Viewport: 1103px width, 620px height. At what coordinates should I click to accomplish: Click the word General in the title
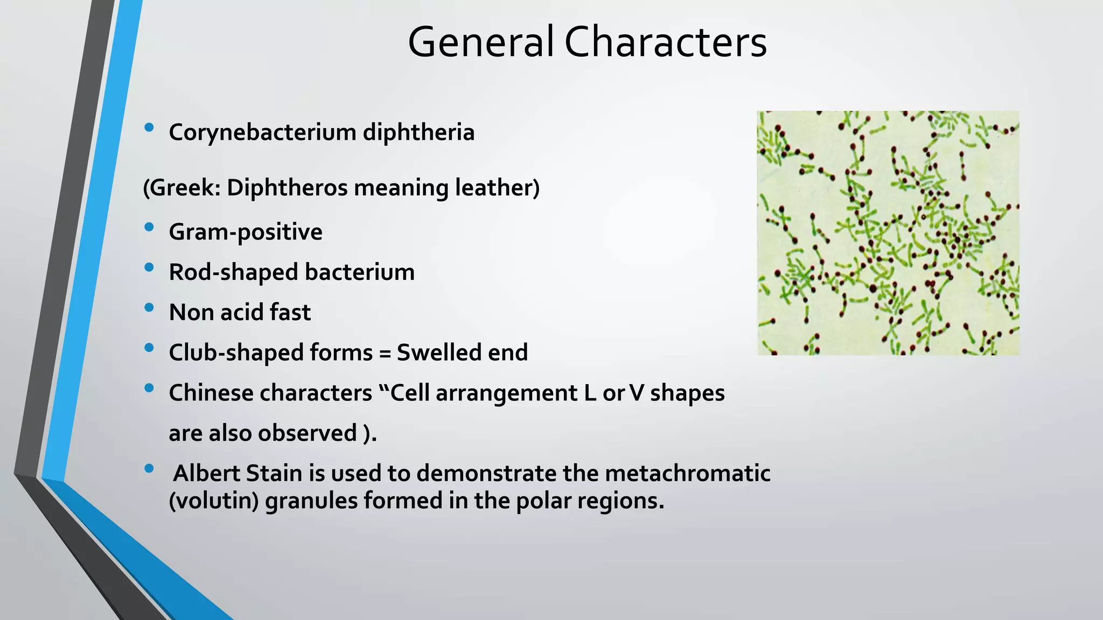click(x=480, y=42)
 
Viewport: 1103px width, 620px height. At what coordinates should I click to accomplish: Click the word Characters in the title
click(x=665, y=42)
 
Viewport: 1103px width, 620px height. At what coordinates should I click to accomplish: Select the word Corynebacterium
click(x=262, y=132)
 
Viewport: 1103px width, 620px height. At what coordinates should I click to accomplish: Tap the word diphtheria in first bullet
click(x=418, y=132)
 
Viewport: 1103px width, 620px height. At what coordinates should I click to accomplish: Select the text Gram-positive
click(x=246, y=232)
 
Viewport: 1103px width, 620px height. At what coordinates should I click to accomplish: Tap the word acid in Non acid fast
click(x=242, y=312)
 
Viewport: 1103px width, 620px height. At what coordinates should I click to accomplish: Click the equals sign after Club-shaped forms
click(x=385, y=353)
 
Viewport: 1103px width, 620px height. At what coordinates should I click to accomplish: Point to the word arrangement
click(x=506, y=393)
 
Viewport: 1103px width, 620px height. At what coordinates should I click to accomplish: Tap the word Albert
click(x=207, y=474)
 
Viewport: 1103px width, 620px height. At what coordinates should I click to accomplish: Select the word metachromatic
click(x=687, y=474)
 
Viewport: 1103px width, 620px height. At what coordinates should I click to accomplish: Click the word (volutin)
click(x=214, y=501)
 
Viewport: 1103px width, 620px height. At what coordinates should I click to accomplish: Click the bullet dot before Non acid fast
click(x=149, y=308)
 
